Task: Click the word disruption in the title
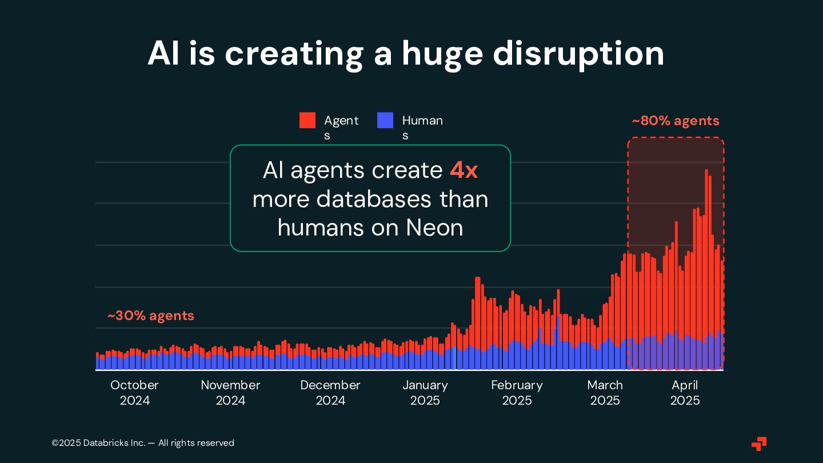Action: [578, 54]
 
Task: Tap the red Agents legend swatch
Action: [307, 121]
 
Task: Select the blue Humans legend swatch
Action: [385, 121]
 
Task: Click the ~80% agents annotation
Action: [675, 121]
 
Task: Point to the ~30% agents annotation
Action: [151, 316]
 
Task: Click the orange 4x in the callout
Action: [464, 170]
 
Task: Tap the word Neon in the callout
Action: [434, 227]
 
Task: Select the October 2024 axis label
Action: [134, 393]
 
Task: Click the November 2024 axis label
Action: [230, 393]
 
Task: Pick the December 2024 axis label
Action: [330, 393]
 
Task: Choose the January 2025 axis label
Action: [425, 393]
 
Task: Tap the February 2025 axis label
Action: [517, 393]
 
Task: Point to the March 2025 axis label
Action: [605, 393]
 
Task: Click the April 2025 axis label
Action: [685, 393]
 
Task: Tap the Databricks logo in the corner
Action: [759, 444]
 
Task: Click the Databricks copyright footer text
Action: [143, 443]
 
